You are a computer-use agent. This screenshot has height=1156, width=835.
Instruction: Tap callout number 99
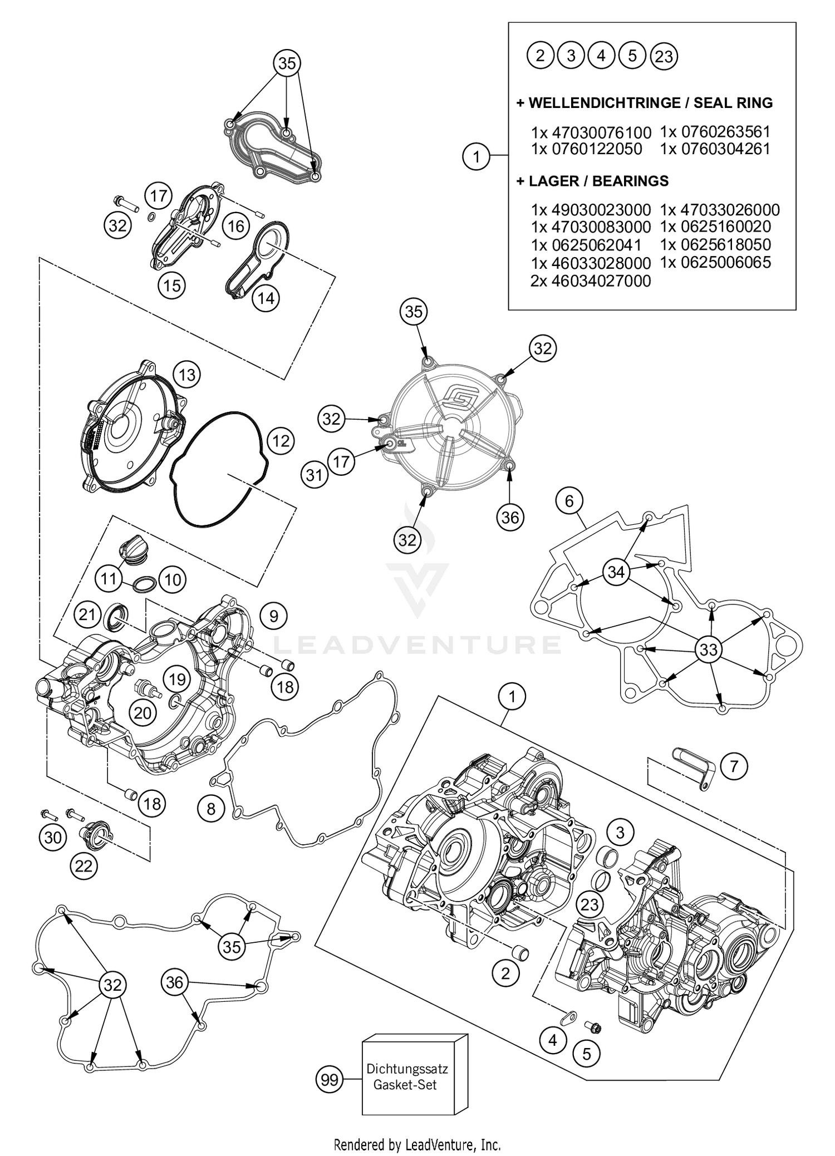click(330, 1080)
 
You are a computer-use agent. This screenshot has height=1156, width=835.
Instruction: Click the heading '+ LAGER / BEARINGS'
click(592, 181)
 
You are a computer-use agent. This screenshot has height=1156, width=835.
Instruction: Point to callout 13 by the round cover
click(187, 375)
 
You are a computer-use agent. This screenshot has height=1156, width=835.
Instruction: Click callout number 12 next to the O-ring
click(281, 441)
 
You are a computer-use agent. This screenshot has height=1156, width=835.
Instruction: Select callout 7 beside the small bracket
click(734, 766)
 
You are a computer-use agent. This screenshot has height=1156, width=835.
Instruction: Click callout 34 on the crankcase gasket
click(616, 572)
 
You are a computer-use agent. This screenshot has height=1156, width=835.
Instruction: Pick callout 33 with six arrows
click(708, 649)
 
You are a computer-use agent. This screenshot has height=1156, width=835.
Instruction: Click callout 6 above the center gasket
click(569, 501)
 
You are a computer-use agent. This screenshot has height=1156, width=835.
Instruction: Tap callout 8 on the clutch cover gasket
click(210, 808)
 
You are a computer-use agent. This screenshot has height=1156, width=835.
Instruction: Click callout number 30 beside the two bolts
click(53, 837)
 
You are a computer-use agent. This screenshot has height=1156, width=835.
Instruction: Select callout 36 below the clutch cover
click(509, 518)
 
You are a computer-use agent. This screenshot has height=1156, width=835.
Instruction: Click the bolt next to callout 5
click(592, 1026)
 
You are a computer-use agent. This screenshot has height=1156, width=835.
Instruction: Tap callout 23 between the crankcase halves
click(589, 904)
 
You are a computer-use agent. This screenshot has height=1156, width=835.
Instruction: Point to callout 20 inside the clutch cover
click(143, 712)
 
